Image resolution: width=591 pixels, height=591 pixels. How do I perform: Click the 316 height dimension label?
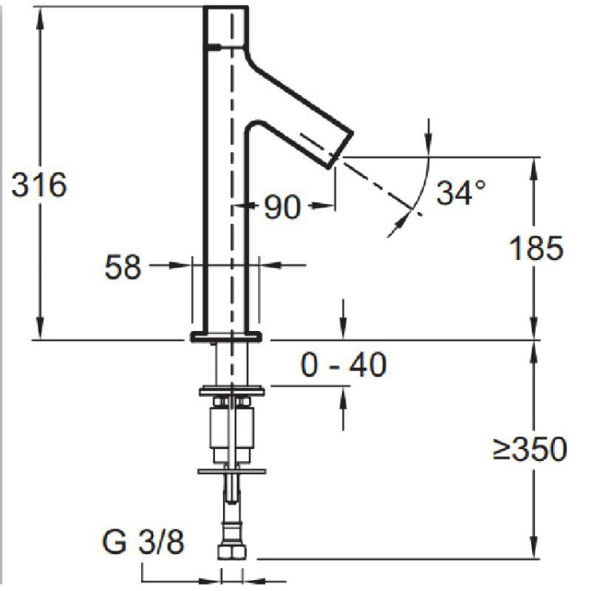(39, 186)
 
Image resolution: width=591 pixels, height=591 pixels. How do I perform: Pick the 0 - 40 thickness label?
(344, 365)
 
